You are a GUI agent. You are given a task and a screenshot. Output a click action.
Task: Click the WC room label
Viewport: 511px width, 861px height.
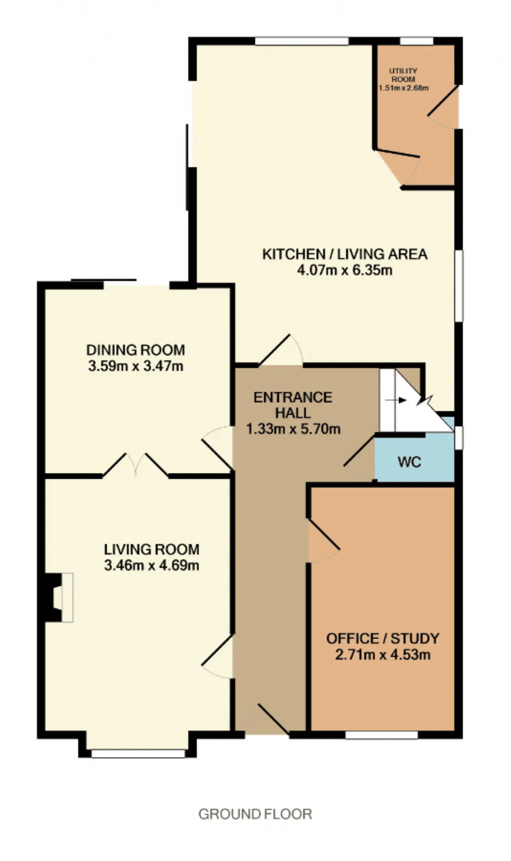pyautogui.click(x=409, y=462)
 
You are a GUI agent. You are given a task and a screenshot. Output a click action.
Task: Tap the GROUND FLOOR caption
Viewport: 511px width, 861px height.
pyautogui.click(x=255, y=814)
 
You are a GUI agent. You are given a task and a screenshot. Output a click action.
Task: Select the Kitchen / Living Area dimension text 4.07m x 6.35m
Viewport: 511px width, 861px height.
pyautogui.click(x=345, y=270)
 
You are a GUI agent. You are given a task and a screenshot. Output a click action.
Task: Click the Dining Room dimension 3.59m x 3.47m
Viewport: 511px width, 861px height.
pyautogui.click(x=136, y=366)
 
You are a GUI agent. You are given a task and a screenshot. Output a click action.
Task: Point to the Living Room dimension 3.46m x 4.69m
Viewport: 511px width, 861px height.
pyautogui.click(x=152, y=566)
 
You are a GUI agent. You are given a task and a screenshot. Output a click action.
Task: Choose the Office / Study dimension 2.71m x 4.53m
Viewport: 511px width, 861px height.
pyautogui.click(x=382, y=655)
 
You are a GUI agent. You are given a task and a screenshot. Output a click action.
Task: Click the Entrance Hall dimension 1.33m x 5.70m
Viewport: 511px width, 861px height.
pyautogui.click(x=293, y=429)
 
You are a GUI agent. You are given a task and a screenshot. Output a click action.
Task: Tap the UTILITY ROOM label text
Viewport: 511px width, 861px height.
pyautogui.click(x=403, y=75)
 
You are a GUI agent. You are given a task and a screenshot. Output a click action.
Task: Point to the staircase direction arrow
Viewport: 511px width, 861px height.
pyautogui.click(x=401, y=400)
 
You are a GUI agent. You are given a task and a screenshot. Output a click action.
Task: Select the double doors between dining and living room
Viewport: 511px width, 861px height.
pyautogui.click(x=136, y=465)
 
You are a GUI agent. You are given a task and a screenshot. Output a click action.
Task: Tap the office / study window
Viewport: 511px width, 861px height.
pyautogui.click(x=382, y=735)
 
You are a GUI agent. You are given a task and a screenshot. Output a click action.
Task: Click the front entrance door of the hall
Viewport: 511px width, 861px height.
pyautogui.click(x=267, y=719)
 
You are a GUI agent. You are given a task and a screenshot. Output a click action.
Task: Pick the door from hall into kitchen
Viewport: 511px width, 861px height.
pyautogui.click(x=281, y=350)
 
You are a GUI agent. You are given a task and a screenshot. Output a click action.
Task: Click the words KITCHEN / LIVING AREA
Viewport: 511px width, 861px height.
pyautogui.click(x=345, y=254)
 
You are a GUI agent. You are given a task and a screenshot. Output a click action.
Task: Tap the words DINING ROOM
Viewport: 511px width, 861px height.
pyautogui.click(x=136, y=350)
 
